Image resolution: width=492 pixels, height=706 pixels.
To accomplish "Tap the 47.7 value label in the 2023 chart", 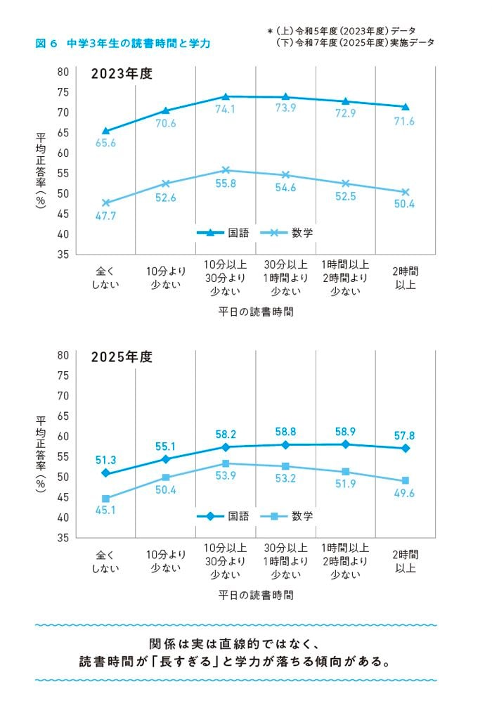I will click(105, 216).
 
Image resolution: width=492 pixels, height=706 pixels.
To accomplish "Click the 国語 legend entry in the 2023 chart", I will click(223, 233).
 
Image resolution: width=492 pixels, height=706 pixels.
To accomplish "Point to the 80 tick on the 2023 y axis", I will click(63, 72).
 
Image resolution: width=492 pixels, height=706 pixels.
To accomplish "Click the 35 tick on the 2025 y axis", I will click(63, 538).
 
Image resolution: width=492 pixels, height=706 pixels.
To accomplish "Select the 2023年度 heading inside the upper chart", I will click(121, 74).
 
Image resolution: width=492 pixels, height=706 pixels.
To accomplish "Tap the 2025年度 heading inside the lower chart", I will click(121, 357).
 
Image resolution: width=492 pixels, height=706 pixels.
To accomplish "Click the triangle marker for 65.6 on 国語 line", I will click(105, 131).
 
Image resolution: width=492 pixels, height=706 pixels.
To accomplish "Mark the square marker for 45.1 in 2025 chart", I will click(105, 499).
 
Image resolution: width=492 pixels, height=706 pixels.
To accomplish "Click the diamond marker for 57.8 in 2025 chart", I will click(406, 448).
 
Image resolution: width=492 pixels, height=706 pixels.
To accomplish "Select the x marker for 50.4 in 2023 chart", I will click(406, 192).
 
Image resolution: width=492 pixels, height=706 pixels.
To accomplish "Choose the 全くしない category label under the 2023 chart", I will click(105, 277).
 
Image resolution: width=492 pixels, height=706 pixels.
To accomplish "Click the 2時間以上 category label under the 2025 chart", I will click(406, 560).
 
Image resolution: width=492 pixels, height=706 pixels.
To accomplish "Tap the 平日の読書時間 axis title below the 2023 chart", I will click(256, 311).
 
